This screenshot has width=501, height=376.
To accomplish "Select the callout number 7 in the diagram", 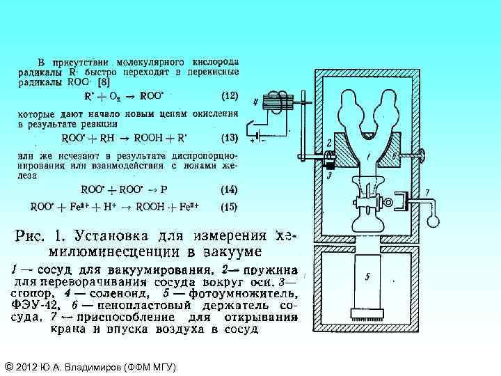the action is click(x=427, y=191).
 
